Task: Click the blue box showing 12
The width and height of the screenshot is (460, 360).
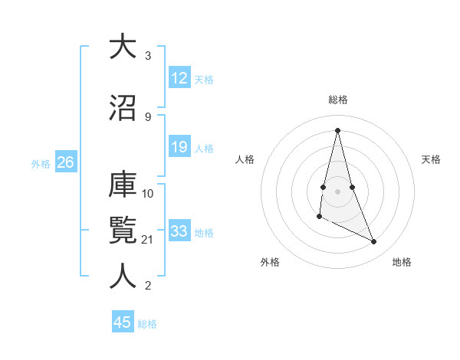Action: pos(179,78)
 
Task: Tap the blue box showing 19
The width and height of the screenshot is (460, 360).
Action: pos(179,147)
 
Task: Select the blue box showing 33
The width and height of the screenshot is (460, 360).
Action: pos(179,231)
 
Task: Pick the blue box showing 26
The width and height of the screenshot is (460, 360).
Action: pos(65,162)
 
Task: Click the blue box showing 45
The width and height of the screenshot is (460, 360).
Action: pos(123,322)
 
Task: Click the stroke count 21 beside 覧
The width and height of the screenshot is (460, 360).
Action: pos(148,240)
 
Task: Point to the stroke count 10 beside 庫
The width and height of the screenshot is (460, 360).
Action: pos(148,193)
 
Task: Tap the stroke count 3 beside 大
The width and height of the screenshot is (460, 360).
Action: pos(148,56)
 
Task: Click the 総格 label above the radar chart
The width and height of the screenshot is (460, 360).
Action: pos(337,100)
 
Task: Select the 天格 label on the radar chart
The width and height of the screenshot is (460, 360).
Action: pos(431,159)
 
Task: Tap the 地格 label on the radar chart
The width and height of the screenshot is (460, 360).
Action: pos(402,262)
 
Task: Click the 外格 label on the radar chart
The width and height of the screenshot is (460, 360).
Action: pos(270,262)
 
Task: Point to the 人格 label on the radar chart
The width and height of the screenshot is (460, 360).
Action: pos(245,159)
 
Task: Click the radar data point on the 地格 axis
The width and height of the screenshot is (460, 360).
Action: pos(374,241)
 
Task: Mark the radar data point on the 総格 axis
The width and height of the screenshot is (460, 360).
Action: pos(337,130)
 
